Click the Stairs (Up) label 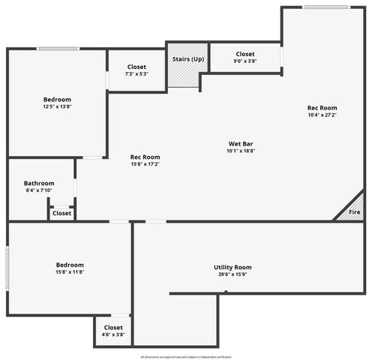[x=187, y=58]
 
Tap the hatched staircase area [x=182, y=75]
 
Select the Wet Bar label [x=241, y=143]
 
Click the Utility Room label [x=232, y=267]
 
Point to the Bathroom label [x=39, y=183]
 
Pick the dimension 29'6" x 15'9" [x=232, y=274]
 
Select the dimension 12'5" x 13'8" [x=57, y=107]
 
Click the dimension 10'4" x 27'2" [x=322, y=115]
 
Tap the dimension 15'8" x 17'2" [x=145, y=164]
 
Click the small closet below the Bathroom [x=62, y=213]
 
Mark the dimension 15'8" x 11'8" [x=70, y=272]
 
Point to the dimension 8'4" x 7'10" [x=39, y=190]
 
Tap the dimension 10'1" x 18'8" [x=241, y=151]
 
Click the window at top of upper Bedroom [x=59, y=49]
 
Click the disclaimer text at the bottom [x=186, y=357]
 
